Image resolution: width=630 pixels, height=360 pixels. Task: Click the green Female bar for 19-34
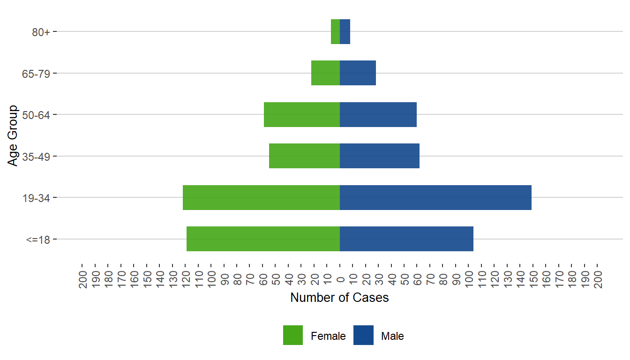click(x=261, y=197)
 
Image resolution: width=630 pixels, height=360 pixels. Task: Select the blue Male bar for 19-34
click(x=435, y=197)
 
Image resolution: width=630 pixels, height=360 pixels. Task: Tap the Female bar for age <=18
click(x=263, y=239)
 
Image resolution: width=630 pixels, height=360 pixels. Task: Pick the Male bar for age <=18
click(x=406, y=239)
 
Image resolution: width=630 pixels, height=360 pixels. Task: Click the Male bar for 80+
click(x=345, y=31)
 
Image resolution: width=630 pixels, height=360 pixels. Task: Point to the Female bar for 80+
click(x=335, y=31)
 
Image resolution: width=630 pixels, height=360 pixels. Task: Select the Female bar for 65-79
click(x=325, y=73)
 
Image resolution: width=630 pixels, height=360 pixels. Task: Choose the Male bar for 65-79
click(x=358, y=73)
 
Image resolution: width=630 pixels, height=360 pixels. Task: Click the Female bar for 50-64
click(x=302, y=114)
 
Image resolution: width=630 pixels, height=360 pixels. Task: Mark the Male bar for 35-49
click(x=380, y=156)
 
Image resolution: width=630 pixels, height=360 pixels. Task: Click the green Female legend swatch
click(x=293, y=335)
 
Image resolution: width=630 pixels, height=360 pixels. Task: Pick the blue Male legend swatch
click(x=363, y=335)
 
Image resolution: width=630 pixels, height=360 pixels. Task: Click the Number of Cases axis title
click(x=339, y=298)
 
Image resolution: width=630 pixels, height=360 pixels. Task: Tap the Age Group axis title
click(x=13, y=135)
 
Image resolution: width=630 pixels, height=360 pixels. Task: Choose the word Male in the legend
click(x=392, y=336)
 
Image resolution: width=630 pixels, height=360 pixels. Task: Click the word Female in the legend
click(x=328, y=336)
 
